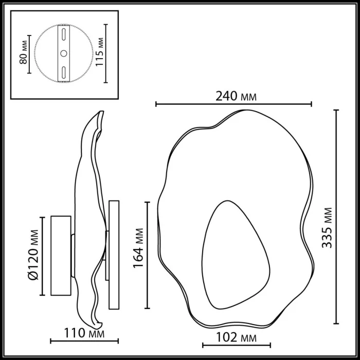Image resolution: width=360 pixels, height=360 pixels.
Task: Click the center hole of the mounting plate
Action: [63, 53]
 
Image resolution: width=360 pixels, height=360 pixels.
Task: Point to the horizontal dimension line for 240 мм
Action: [233, 104]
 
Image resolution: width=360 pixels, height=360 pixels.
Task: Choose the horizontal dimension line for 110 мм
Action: [84, 340]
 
